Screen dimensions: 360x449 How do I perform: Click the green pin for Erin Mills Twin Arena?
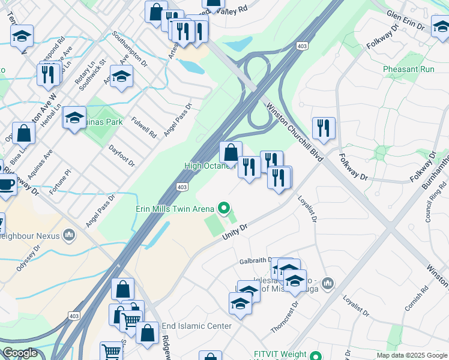coord(224,209)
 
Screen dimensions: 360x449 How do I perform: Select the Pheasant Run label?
coord(408,69)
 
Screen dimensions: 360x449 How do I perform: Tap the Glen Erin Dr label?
coord(410,16)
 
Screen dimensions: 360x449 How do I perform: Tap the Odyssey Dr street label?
coord(28,257)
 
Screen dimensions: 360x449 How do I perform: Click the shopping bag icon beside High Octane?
coord(231,152)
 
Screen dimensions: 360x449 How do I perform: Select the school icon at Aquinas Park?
coord(74,118)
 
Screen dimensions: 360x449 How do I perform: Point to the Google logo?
coord(20,353)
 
